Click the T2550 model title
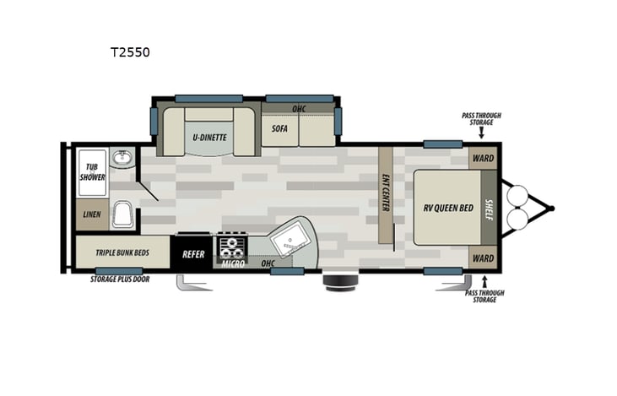[130, 52]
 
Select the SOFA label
[280, 129]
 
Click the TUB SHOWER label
[92, 172]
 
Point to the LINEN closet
[92, 214]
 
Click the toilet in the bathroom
[122, 214]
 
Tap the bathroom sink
[123, 157]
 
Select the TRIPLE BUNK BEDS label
[123, 252]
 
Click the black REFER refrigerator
[194, 252]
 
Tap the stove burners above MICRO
[232, 247]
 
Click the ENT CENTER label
[386, 193]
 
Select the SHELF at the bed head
[489, 207]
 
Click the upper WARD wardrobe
[484, 158]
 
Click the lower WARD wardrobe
[484, 258]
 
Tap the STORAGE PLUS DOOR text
[121, 279]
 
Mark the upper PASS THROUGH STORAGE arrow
[482, 133]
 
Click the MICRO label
[232, 264]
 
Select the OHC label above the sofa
[298, 109]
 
